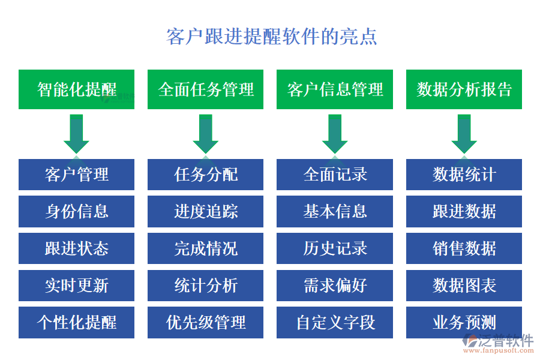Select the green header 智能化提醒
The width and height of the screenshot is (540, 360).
pos(77,89)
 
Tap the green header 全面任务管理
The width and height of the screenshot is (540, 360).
pos(206,89)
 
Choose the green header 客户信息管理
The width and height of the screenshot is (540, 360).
pos(335,89)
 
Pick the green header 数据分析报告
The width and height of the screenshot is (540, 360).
pos(464,89)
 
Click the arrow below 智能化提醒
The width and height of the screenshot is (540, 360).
pos(77,133)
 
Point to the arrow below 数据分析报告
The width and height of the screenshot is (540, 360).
pos(464,133)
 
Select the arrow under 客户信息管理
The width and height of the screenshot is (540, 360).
pos(335,133)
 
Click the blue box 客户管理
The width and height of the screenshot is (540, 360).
pos(77,175)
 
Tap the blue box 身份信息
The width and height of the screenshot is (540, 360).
pos(77,211)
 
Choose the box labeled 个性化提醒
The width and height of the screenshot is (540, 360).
pos(77,322)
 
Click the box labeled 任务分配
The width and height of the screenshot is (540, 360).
pos(206,175)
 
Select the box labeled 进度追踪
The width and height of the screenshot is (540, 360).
pos(206,211)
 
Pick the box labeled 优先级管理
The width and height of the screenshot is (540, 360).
pos(206,322)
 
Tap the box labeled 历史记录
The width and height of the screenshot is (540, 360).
pos(335,248)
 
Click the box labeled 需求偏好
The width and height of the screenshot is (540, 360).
pos(335,286)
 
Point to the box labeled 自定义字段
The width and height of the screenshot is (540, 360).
pos(335,322)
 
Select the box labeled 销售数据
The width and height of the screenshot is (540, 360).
pos(464,248)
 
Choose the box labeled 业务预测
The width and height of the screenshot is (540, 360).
pos(464,322)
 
